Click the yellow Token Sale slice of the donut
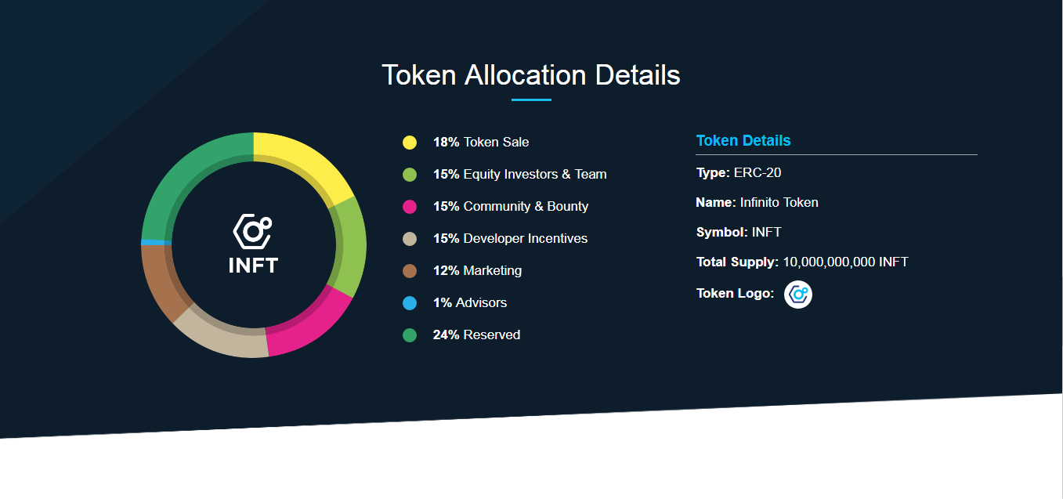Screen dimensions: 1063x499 coord(304,161)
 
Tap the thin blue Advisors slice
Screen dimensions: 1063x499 coord(156,243)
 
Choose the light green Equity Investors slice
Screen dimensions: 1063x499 coord(351,246)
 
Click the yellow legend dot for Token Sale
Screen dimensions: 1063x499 coord(410,143)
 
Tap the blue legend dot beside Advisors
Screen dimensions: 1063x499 coord(410,303)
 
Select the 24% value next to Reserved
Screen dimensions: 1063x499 coord(446,334)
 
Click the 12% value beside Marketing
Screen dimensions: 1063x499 coord(446,270)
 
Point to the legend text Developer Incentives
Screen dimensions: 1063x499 coord(526,238)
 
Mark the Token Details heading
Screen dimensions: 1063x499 coord(743,140)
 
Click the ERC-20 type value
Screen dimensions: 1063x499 coord(757,172)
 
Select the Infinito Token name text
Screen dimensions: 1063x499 coord(779,202)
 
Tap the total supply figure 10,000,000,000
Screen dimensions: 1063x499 coord(829,262)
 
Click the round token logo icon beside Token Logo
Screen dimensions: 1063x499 coord(798,295)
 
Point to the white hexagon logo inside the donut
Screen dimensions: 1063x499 coord(252,231)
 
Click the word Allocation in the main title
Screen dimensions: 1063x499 coord(526,75)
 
